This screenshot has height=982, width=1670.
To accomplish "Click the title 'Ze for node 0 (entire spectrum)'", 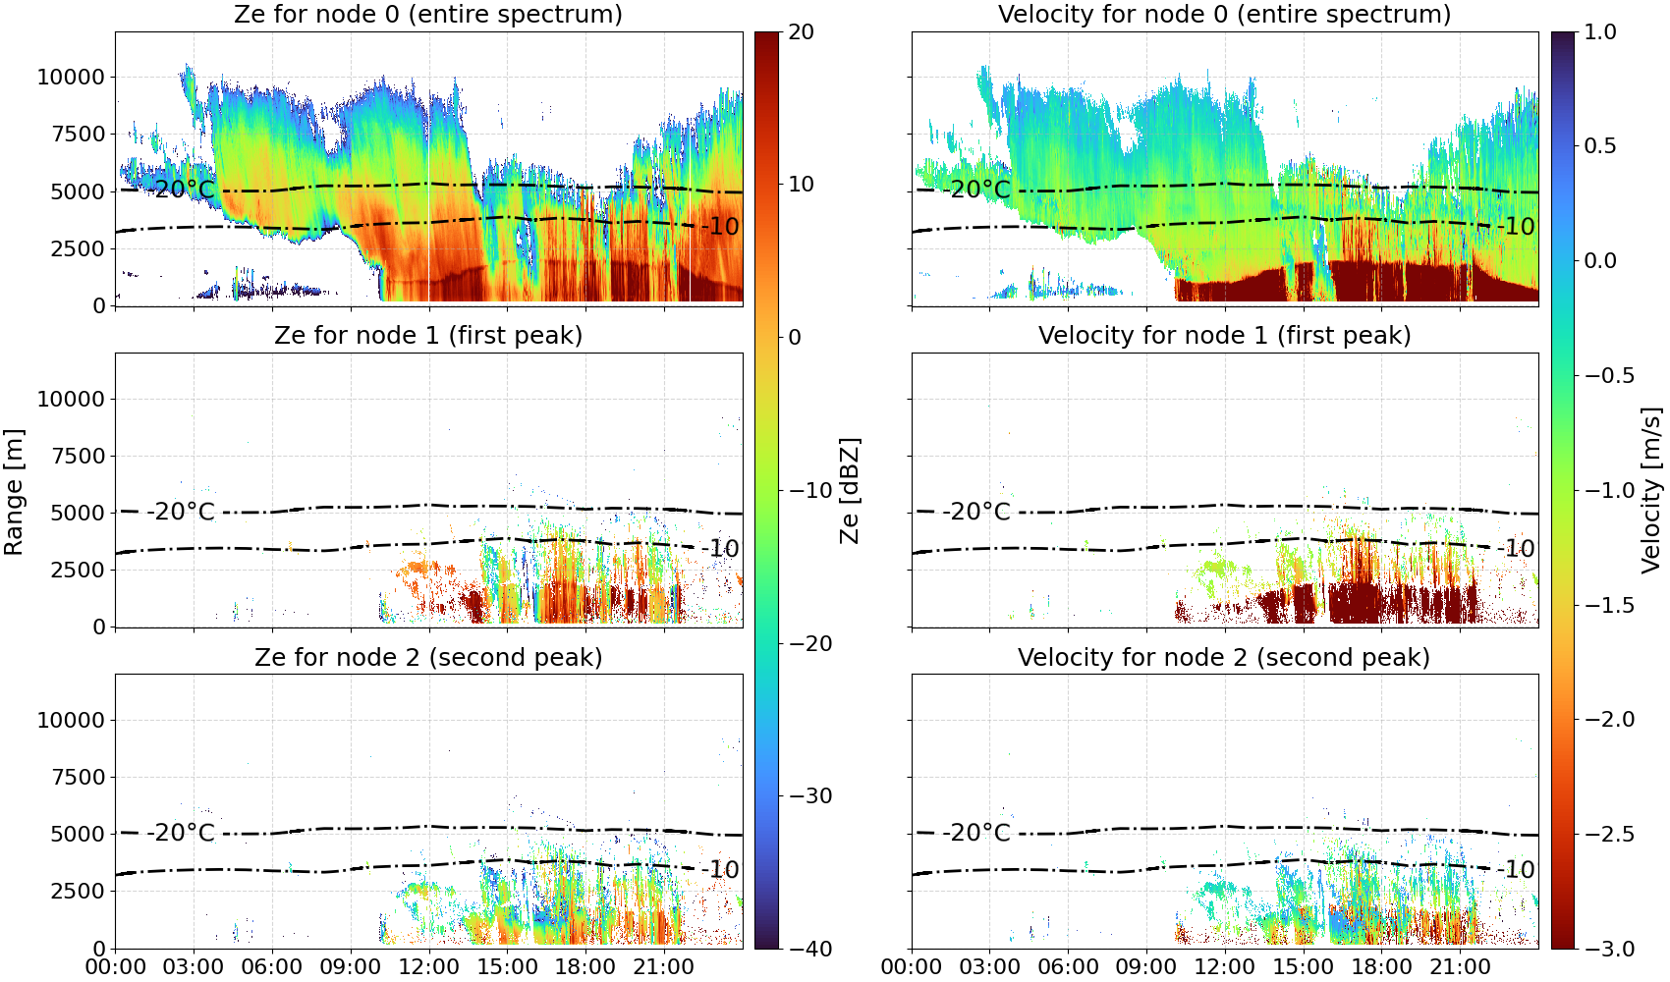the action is click(x=428, y=14).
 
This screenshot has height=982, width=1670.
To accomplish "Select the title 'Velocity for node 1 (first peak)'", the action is click(x=1224, y=335).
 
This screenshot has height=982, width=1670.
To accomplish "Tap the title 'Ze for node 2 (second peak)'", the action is click(x=428, y=657).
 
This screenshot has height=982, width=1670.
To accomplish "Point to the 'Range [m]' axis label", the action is click(x=14, y=492).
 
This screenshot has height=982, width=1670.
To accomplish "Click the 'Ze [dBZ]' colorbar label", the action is click(x=849, y=490).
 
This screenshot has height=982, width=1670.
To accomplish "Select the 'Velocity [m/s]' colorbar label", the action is click(x=1650, y=490).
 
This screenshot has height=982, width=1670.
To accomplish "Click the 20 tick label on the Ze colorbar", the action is click(x=801, y=32).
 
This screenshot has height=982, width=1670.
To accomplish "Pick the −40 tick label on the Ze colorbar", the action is click(x=808, y=949).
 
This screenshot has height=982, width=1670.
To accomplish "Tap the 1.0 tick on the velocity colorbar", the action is click(x=1600, y=32).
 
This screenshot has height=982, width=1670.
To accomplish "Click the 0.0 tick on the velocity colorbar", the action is click(x=1600, y=261).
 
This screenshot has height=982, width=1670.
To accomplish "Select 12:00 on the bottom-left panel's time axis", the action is click(x=428, y=967).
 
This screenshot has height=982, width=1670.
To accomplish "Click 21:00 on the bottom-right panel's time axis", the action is click(x=1460, y=967).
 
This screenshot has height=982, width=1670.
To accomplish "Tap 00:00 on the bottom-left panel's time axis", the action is click(x=116, y=967).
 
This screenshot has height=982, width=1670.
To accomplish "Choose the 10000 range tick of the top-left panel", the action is click(x=71, y=77).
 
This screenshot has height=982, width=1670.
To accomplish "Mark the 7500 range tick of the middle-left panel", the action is click(x=78, y=456).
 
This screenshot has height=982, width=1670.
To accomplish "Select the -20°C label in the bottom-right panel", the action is click(x=977, y=832).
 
